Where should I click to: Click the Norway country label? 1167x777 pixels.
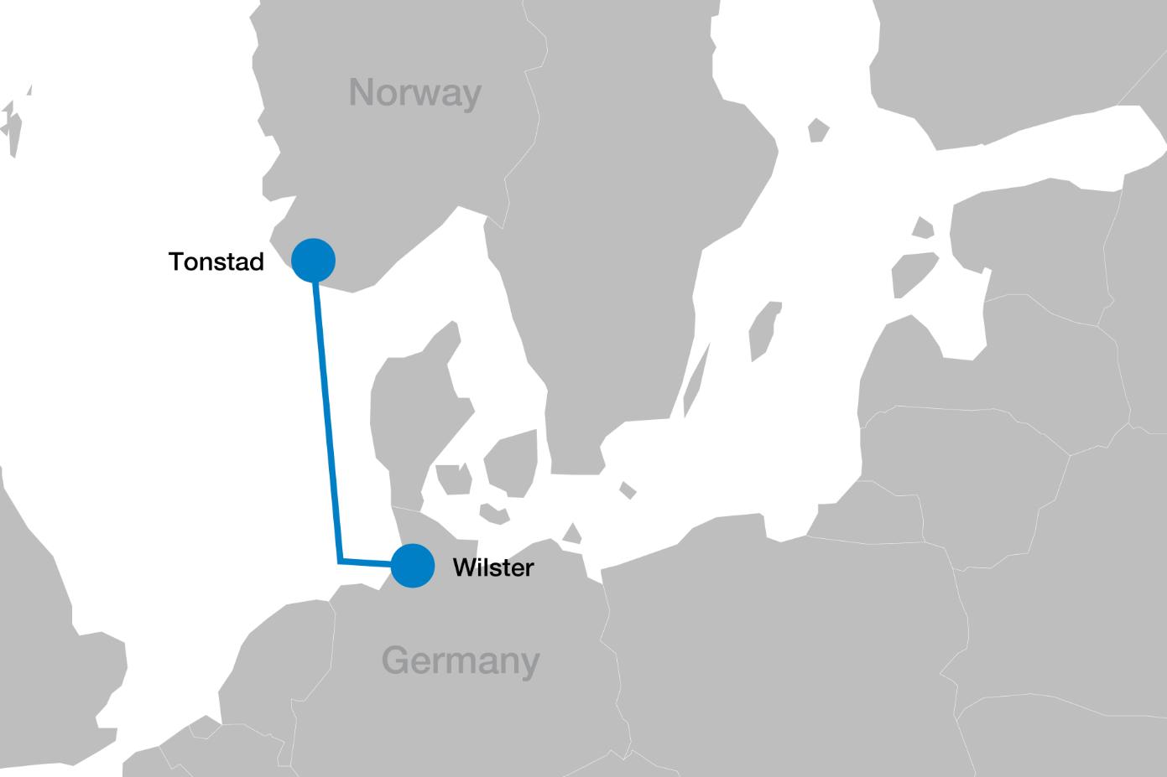tap(414, 92)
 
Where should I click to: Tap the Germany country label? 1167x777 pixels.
tap(461, 660)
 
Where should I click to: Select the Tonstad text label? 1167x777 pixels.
tap(216, 262)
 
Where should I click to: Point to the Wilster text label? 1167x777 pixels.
tap(492, 567)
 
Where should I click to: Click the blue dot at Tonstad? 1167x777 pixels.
tap(313, 260)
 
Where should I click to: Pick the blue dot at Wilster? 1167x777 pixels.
tap(412, 566)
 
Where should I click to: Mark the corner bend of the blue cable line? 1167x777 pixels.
tap(340, 561)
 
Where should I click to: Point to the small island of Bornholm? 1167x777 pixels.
tap(627, 490)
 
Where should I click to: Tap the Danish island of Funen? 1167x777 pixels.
tap(453, 479)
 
